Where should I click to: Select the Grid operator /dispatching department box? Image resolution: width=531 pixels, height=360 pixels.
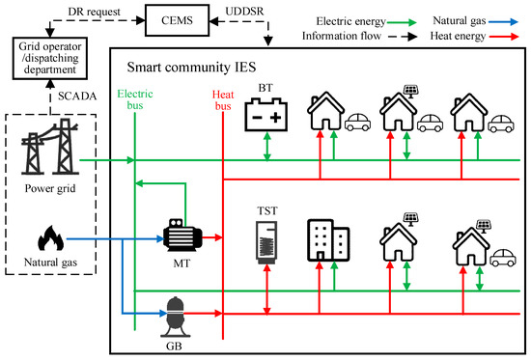[x=53, y=62]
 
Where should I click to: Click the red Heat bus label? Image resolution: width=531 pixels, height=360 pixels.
[x=224, y=98]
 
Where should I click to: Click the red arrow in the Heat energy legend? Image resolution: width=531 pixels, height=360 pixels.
[x=508, y=40]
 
